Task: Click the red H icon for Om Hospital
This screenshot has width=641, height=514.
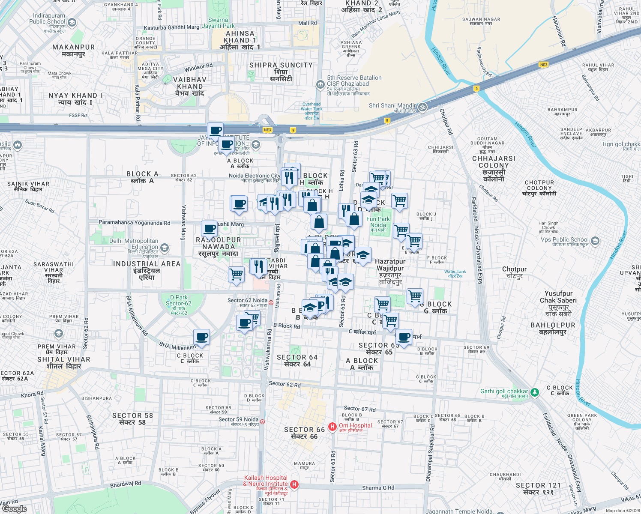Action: tap(332, 427)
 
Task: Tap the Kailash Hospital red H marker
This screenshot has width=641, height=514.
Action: tap(294, 484)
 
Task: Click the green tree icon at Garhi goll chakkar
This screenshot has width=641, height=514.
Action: tap(534, 392)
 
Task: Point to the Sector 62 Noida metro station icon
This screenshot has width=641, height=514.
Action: tap(271, 302)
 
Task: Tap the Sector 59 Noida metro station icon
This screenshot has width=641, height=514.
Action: tap(262, 421)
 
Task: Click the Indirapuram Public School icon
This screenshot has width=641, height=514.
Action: tap(72, 22)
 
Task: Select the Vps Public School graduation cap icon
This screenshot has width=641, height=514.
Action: tap(595, 241)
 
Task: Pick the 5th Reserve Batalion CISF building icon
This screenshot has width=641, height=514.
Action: tap(320, 84)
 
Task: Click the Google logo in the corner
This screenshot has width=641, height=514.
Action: tap(14, 509)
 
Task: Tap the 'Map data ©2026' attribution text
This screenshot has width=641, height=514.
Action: tap(621, 511)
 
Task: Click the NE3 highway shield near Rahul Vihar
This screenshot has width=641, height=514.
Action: tap(543, 65)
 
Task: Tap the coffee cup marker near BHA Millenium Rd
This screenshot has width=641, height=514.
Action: tap(201, 338)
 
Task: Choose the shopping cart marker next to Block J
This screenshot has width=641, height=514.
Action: tap(399, 200)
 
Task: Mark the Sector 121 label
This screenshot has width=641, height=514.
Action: tap(538, 488)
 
